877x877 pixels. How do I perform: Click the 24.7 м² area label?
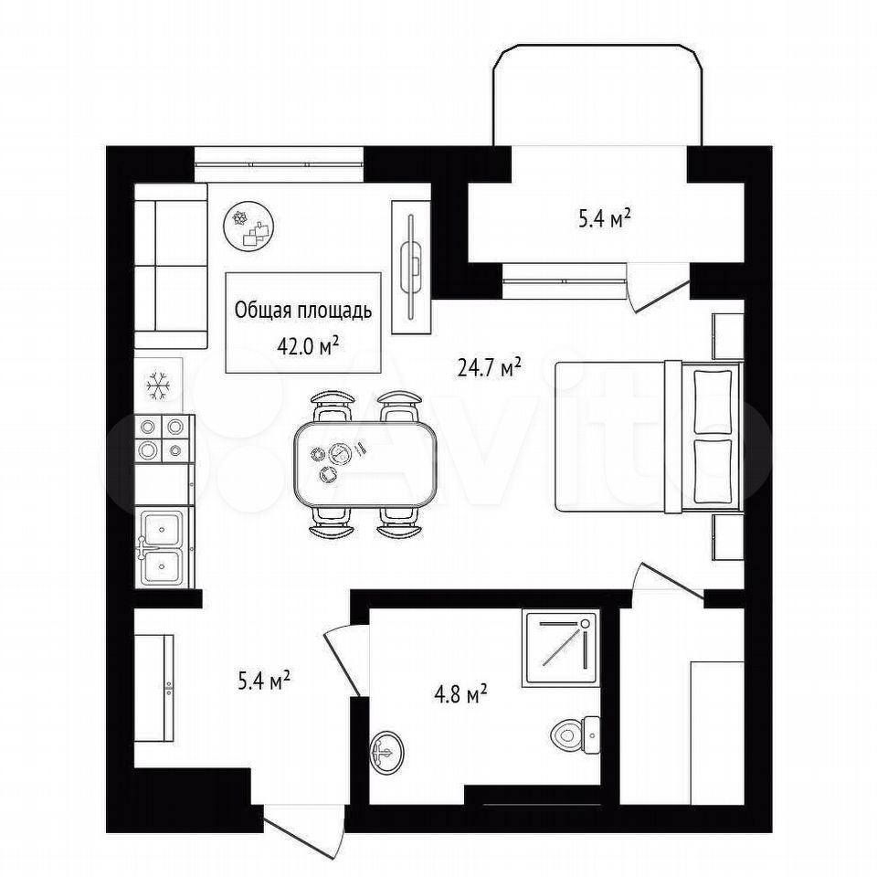click(490, 367)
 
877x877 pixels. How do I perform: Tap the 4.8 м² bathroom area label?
click(460, 695)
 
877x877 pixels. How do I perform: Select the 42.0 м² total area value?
click(308, 346)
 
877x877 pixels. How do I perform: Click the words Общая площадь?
click(303, 310)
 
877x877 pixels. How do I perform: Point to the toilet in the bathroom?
click(575, 734)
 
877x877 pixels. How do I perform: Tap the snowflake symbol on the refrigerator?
click(158, 385)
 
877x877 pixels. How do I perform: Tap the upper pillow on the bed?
click(713, 401)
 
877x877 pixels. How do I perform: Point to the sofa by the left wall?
click(171, 266)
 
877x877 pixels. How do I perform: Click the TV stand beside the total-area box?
click(411, 268)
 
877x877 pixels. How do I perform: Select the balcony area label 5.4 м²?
click(605, 219)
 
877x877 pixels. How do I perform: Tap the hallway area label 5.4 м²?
click(263, 682)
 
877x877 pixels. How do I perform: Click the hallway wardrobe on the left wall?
click(153, 688)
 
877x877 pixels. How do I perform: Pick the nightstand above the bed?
click(728, 336)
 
